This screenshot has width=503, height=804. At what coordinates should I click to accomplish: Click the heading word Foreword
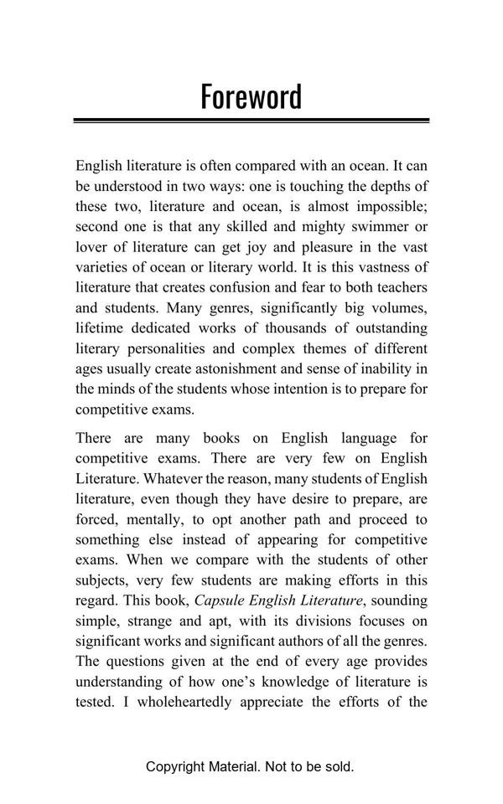click(x=251, y=96)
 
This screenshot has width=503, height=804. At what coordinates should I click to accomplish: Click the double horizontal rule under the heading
click(x=251, y=121)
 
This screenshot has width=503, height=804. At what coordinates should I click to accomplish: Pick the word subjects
click(x=101, y=580)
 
